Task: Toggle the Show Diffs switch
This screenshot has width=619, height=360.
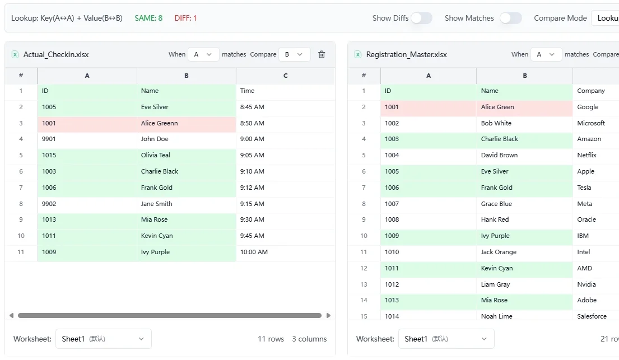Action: point(421,18)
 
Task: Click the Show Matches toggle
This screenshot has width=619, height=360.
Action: point(510,18)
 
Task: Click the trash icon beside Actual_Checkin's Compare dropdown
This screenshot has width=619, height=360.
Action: point(322,54)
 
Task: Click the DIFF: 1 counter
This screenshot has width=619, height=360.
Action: point(185,18)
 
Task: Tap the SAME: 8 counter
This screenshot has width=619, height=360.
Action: point(148,18)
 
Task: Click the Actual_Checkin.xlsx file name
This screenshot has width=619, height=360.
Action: point(56,54)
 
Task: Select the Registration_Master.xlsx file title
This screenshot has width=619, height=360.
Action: point(406,54)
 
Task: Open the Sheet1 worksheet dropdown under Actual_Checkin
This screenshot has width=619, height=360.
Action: point(103,339)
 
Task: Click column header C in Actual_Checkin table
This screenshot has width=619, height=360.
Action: point(285,76)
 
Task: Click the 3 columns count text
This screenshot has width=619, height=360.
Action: point(309,339)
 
